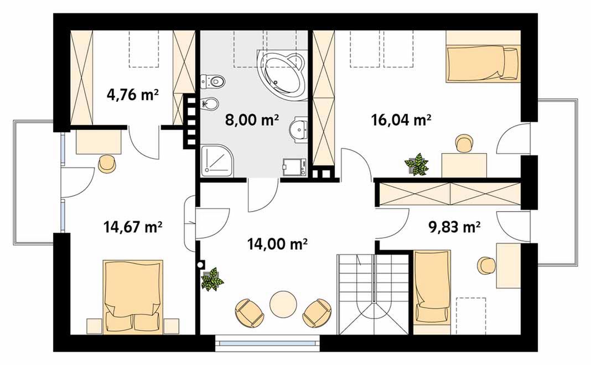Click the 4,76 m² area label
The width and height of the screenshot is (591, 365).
(132, 95)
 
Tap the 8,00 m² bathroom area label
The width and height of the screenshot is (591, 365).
(252, 120)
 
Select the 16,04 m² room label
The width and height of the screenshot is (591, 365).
(401, 120)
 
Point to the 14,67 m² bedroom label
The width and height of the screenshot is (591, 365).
(133, 227)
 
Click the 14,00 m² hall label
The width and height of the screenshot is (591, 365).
(277, 244)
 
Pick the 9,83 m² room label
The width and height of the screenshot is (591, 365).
(454, 227)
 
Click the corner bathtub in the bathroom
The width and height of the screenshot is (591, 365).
(281, 74)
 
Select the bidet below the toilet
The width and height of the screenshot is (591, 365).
(210, 103)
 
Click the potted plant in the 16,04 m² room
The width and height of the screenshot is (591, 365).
(417, 164)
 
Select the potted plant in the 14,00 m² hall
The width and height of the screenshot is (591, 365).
(212, 279)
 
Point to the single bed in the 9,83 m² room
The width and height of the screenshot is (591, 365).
(432, 292)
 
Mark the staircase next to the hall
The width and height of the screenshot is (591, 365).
(373, 294)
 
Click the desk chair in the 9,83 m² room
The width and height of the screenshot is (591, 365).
(486, 265)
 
